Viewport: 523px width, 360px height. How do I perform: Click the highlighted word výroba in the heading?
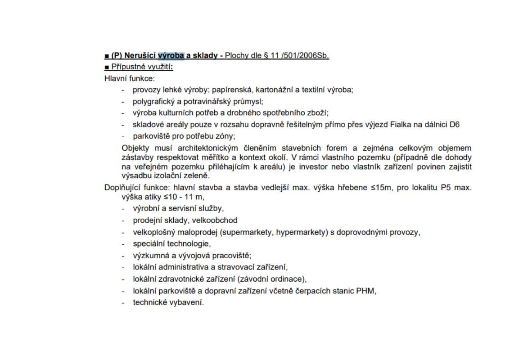click(x=171, y=56)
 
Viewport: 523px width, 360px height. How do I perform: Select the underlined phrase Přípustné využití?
click(x=142, y=67)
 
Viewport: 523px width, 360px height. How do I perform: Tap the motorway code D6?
click(x=455, y=125)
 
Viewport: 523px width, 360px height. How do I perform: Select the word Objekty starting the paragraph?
click(x=135, y=148)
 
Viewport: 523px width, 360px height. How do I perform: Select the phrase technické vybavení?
click(x=168, y=302)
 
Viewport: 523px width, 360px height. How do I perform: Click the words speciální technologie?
click(x=171, y=244)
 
